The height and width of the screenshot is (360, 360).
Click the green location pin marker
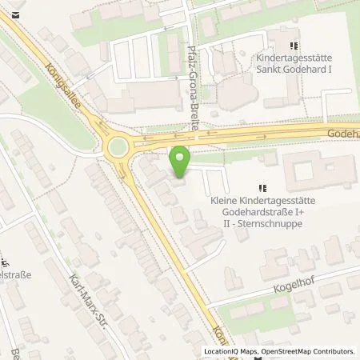(182, 162)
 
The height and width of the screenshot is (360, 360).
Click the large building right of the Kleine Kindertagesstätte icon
(308, 170)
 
